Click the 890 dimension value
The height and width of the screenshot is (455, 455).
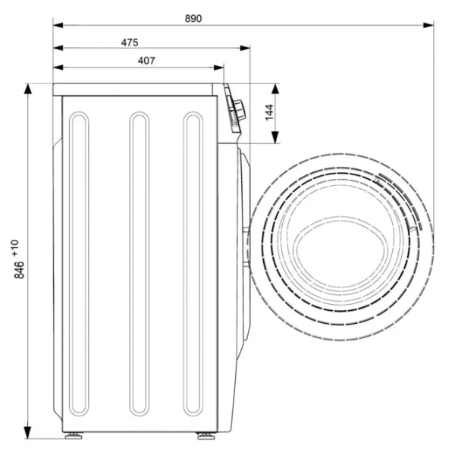point(193,18)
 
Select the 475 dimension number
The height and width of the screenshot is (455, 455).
point(130,42)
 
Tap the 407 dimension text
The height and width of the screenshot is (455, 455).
point(146,61)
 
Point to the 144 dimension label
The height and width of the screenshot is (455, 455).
point(269,112)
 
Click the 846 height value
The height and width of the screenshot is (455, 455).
point(20,270)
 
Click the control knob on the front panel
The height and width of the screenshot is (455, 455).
point(240,109)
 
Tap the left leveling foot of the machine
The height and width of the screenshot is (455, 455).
point(74,435)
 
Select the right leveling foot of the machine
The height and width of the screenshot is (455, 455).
point(206,435)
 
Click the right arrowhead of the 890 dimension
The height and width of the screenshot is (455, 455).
point(428,25)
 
